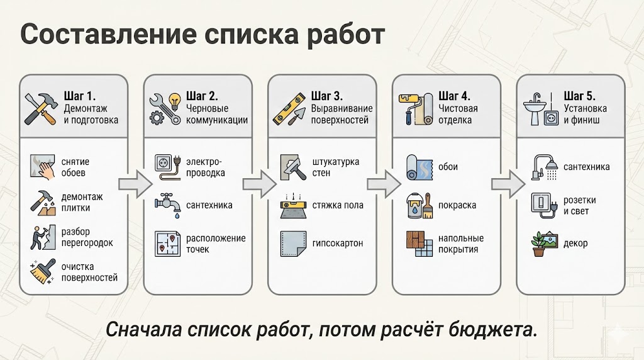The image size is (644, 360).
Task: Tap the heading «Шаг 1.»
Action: pyautogui.click(x=80, y=96)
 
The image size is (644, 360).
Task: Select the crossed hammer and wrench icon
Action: pyautogui.click(x=41, y=107)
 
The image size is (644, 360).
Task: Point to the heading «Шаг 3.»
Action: pyautogui.click(x=327, y=96)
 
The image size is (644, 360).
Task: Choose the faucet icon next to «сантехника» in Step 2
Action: pyautogui.click(x=167, y=205)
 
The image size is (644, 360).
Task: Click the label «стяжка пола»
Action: pyautogui.click(x=337, y=205)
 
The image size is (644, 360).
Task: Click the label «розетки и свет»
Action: pyautogui.click(x=580, y=205)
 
